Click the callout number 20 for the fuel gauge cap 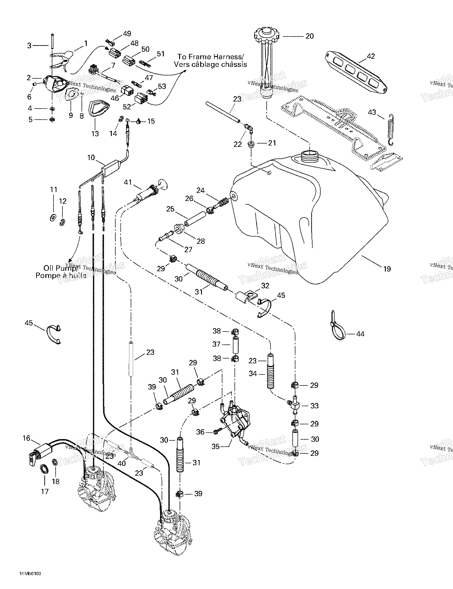tap(309, 36)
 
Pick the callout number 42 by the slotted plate tap(371, 56)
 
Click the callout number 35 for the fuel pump tap(216, 447)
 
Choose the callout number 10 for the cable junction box tap(91, 158)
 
